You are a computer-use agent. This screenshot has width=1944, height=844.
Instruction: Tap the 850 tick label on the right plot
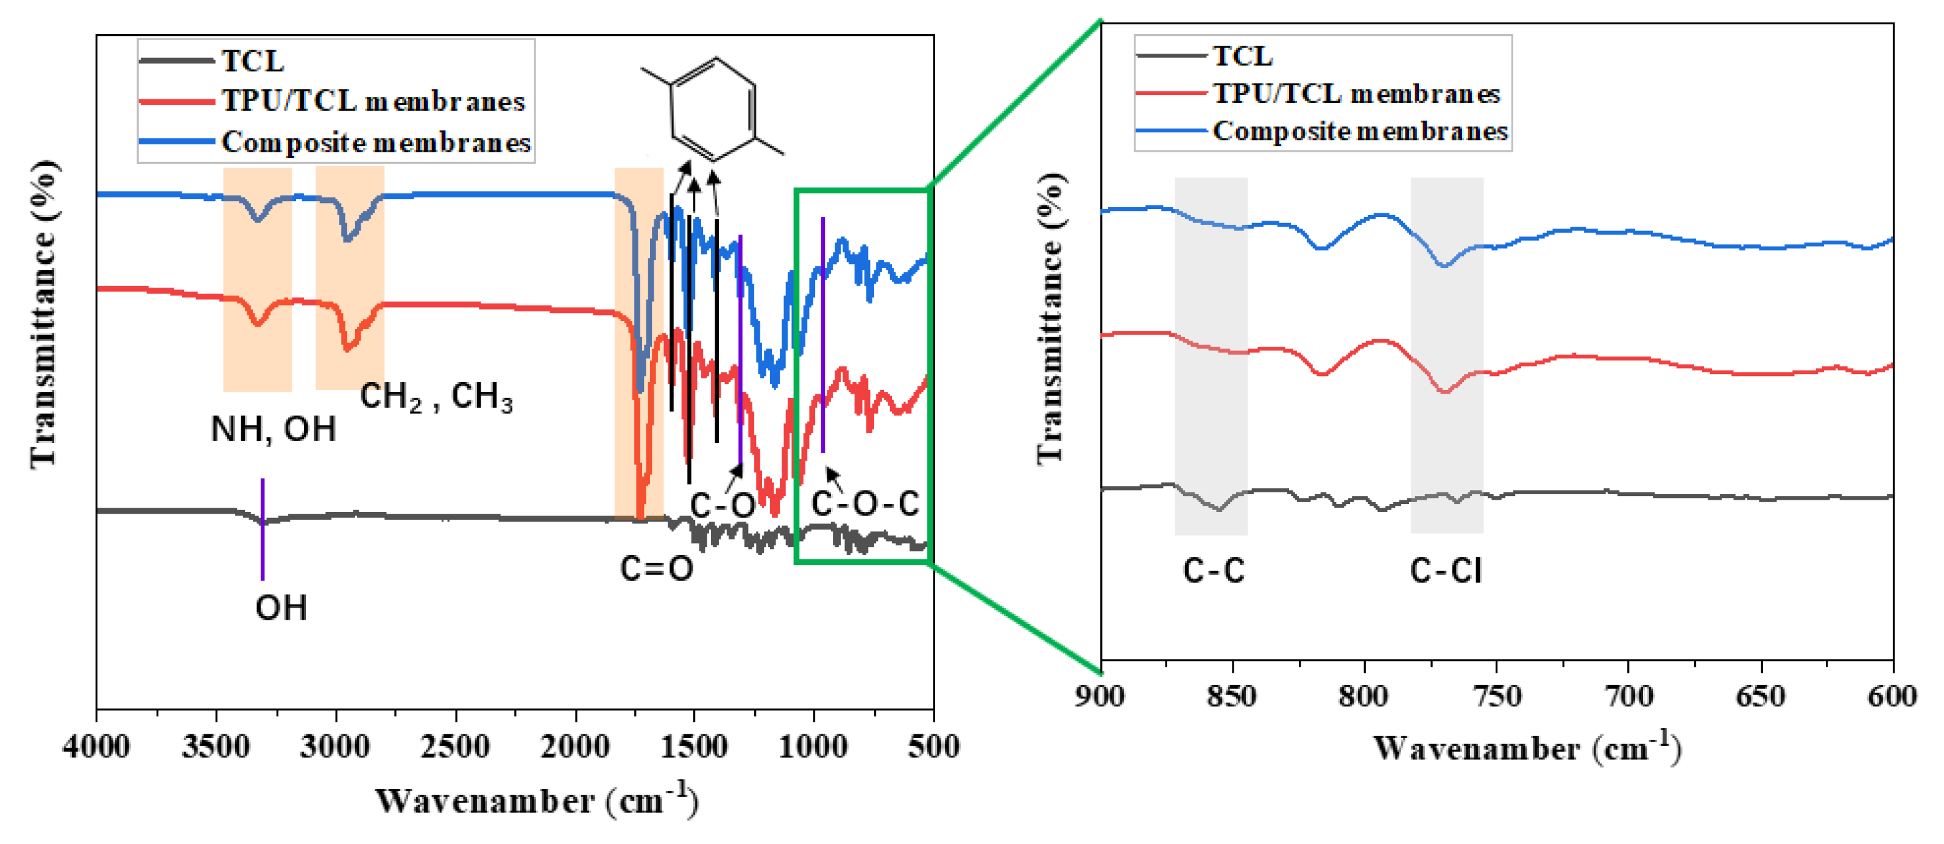tap(1232, 695)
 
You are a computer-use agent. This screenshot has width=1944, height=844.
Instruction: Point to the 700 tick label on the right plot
tap(1628, 695)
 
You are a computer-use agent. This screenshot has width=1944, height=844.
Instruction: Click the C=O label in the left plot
tap(657, 569)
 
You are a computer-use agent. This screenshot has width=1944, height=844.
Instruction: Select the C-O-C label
tap(865, 503)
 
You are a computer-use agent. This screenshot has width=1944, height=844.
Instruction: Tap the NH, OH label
tap(273, 430)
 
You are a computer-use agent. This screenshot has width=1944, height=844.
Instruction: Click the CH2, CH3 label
tap(436, 396)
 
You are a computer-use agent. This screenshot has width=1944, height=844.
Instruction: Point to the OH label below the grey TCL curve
tap(281, 608)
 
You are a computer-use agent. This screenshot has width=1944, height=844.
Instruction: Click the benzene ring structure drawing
tap(713, 110)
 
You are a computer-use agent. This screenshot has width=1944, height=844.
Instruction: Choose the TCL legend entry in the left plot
tap(252, 61)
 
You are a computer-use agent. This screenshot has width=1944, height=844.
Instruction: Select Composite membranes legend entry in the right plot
tap(1359, 132)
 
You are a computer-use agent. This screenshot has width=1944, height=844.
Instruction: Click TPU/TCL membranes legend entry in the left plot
tap(373, 101)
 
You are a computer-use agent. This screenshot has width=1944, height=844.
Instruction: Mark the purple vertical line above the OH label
tap(262, 528)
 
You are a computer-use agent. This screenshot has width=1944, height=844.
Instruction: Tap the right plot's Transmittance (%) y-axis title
tap(1050, 317)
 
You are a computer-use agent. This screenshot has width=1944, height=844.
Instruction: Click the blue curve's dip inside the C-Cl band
tap(1444, 265)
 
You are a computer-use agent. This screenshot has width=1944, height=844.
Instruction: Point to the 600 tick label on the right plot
tap(1891, 695)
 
